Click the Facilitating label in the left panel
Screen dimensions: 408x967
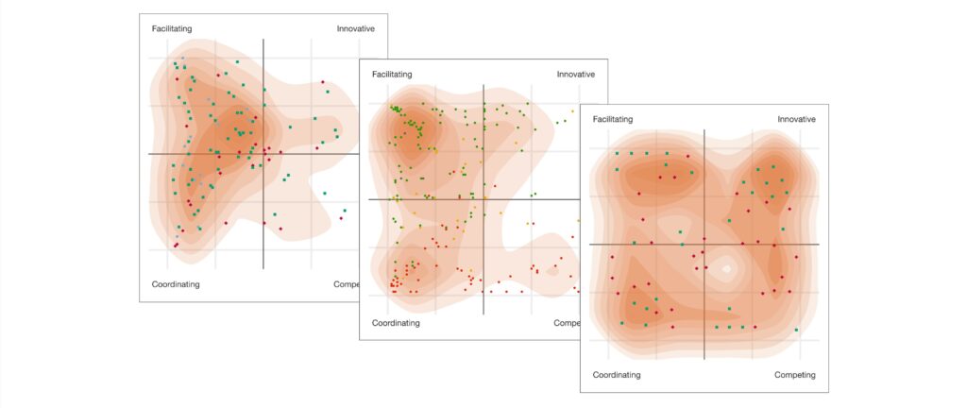click(x=174, y=28)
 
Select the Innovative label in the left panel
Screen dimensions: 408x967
click(x=355, y=28)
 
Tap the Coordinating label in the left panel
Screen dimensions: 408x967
click(x=176, y=283)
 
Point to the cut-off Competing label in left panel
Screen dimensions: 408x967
click(x=346, y=283)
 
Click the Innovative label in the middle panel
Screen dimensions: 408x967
click(x=575, y=74)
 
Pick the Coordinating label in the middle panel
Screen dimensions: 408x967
click(x=396, y=323)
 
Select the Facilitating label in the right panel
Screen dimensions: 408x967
click(x=614, y=119)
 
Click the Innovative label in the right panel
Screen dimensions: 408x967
click(x=796, y=119)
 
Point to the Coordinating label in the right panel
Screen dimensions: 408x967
click(x=617, y=375)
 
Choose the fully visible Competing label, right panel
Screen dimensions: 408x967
click(x=794, y=375)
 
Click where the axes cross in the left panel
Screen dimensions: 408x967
click(x=263, y=154)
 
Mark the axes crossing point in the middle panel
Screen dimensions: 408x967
click(x=483, y=199)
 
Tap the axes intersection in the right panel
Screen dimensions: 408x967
click(x=704, y=245)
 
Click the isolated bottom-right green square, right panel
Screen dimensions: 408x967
click(x=797, y=330)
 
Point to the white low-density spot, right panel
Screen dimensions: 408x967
click(x=726, y=269)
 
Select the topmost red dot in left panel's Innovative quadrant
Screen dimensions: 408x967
click(x=322, y=81)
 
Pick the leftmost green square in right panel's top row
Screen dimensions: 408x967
click(x=617, y=153)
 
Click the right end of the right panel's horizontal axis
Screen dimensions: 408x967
click(x=818, y=245)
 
